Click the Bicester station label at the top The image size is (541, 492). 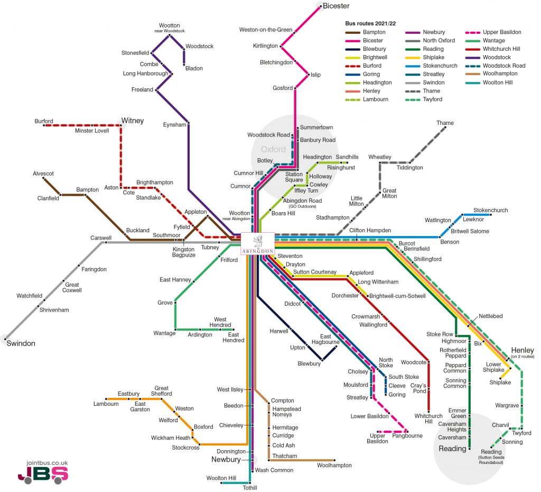[336, 6]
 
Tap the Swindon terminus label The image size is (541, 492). [21, 343]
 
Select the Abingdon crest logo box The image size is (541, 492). [258, 243]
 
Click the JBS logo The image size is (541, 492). [43, 475]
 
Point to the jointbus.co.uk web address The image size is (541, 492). [47, 463]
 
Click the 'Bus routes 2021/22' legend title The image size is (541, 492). [370, 23]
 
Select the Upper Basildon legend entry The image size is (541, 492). [493, 32]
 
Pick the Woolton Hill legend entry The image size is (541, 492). [489, 83]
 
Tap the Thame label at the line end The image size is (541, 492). [445, 123]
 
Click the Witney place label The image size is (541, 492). [133, 121]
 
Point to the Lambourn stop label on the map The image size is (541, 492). [106, 404]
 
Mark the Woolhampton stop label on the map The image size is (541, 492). [334, 466]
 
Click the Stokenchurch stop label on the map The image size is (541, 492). [491, 210]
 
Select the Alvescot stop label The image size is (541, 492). [43, 174]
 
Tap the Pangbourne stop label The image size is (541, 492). [407, 436]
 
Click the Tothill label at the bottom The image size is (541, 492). [250, 488]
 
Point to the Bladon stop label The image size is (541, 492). [194, 68]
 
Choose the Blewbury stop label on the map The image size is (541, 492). [309, 363]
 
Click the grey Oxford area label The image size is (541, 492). [273, 149]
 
